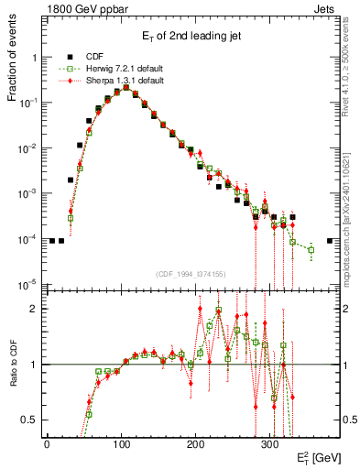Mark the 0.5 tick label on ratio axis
[x=31, y=420]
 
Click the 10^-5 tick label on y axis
[x=28, y=284]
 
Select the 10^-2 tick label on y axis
[x=28, y=148]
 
